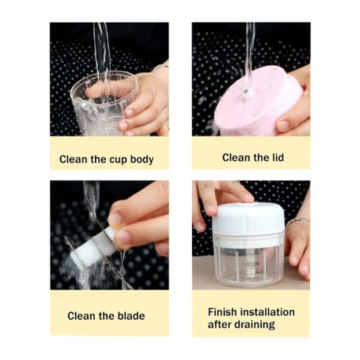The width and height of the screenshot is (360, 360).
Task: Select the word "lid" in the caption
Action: [277, 158]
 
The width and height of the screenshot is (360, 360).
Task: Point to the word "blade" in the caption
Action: [131, 316]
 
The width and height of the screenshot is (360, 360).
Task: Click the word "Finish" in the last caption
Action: [223, 312]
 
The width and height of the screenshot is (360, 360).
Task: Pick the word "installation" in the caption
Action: [267, 312]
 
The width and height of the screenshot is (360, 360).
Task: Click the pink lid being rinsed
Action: [257, 101]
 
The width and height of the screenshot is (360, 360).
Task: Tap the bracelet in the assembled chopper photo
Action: [298, 220]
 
